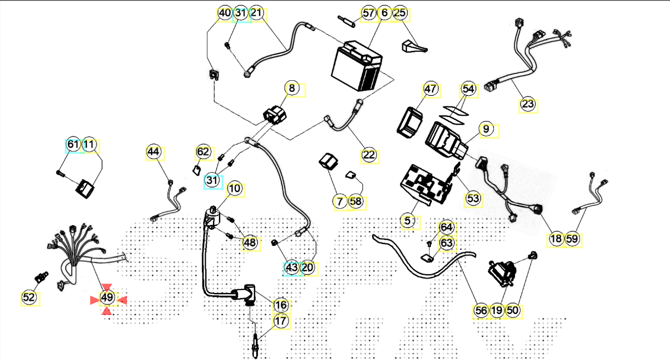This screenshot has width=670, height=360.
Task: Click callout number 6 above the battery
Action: tap(384, 13)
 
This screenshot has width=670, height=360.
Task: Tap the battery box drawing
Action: tap(356, 68)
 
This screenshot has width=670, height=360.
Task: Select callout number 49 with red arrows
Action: tap(107, 298)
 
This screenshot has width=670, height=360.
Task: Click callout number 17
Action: tap(281, 322)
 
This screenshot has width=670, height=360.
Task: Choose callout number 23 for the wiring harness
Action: tap(528, 105)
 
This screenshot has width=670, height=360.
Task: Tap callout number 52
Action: tap(29, 297)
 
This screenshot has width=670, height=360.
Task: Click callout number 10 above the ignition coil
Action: tap(234, 189)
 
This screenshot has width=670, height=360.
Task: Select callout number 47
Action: tap(430, 89)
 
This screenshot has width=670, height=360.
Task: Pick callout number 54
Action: tap(468, 89)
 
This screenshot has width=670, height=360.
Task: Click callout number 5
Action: tap(408, 221)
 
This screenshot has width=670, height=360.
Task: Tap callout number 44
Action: tap(154, 152)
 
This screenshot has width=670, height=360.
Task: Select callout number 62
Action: tap(203, 152)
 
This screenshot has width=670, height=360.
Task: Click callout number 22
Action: tap(369, 155)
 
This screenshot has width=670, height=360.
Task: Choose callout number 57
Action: tap(369, 13)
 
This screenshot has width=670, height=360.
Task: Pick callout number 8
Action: tap(292, 89)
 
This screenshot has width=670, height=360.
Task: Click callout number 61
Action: tap(73, 145)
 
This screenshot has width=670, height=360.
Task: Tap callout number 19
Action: tap(497, 310)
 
